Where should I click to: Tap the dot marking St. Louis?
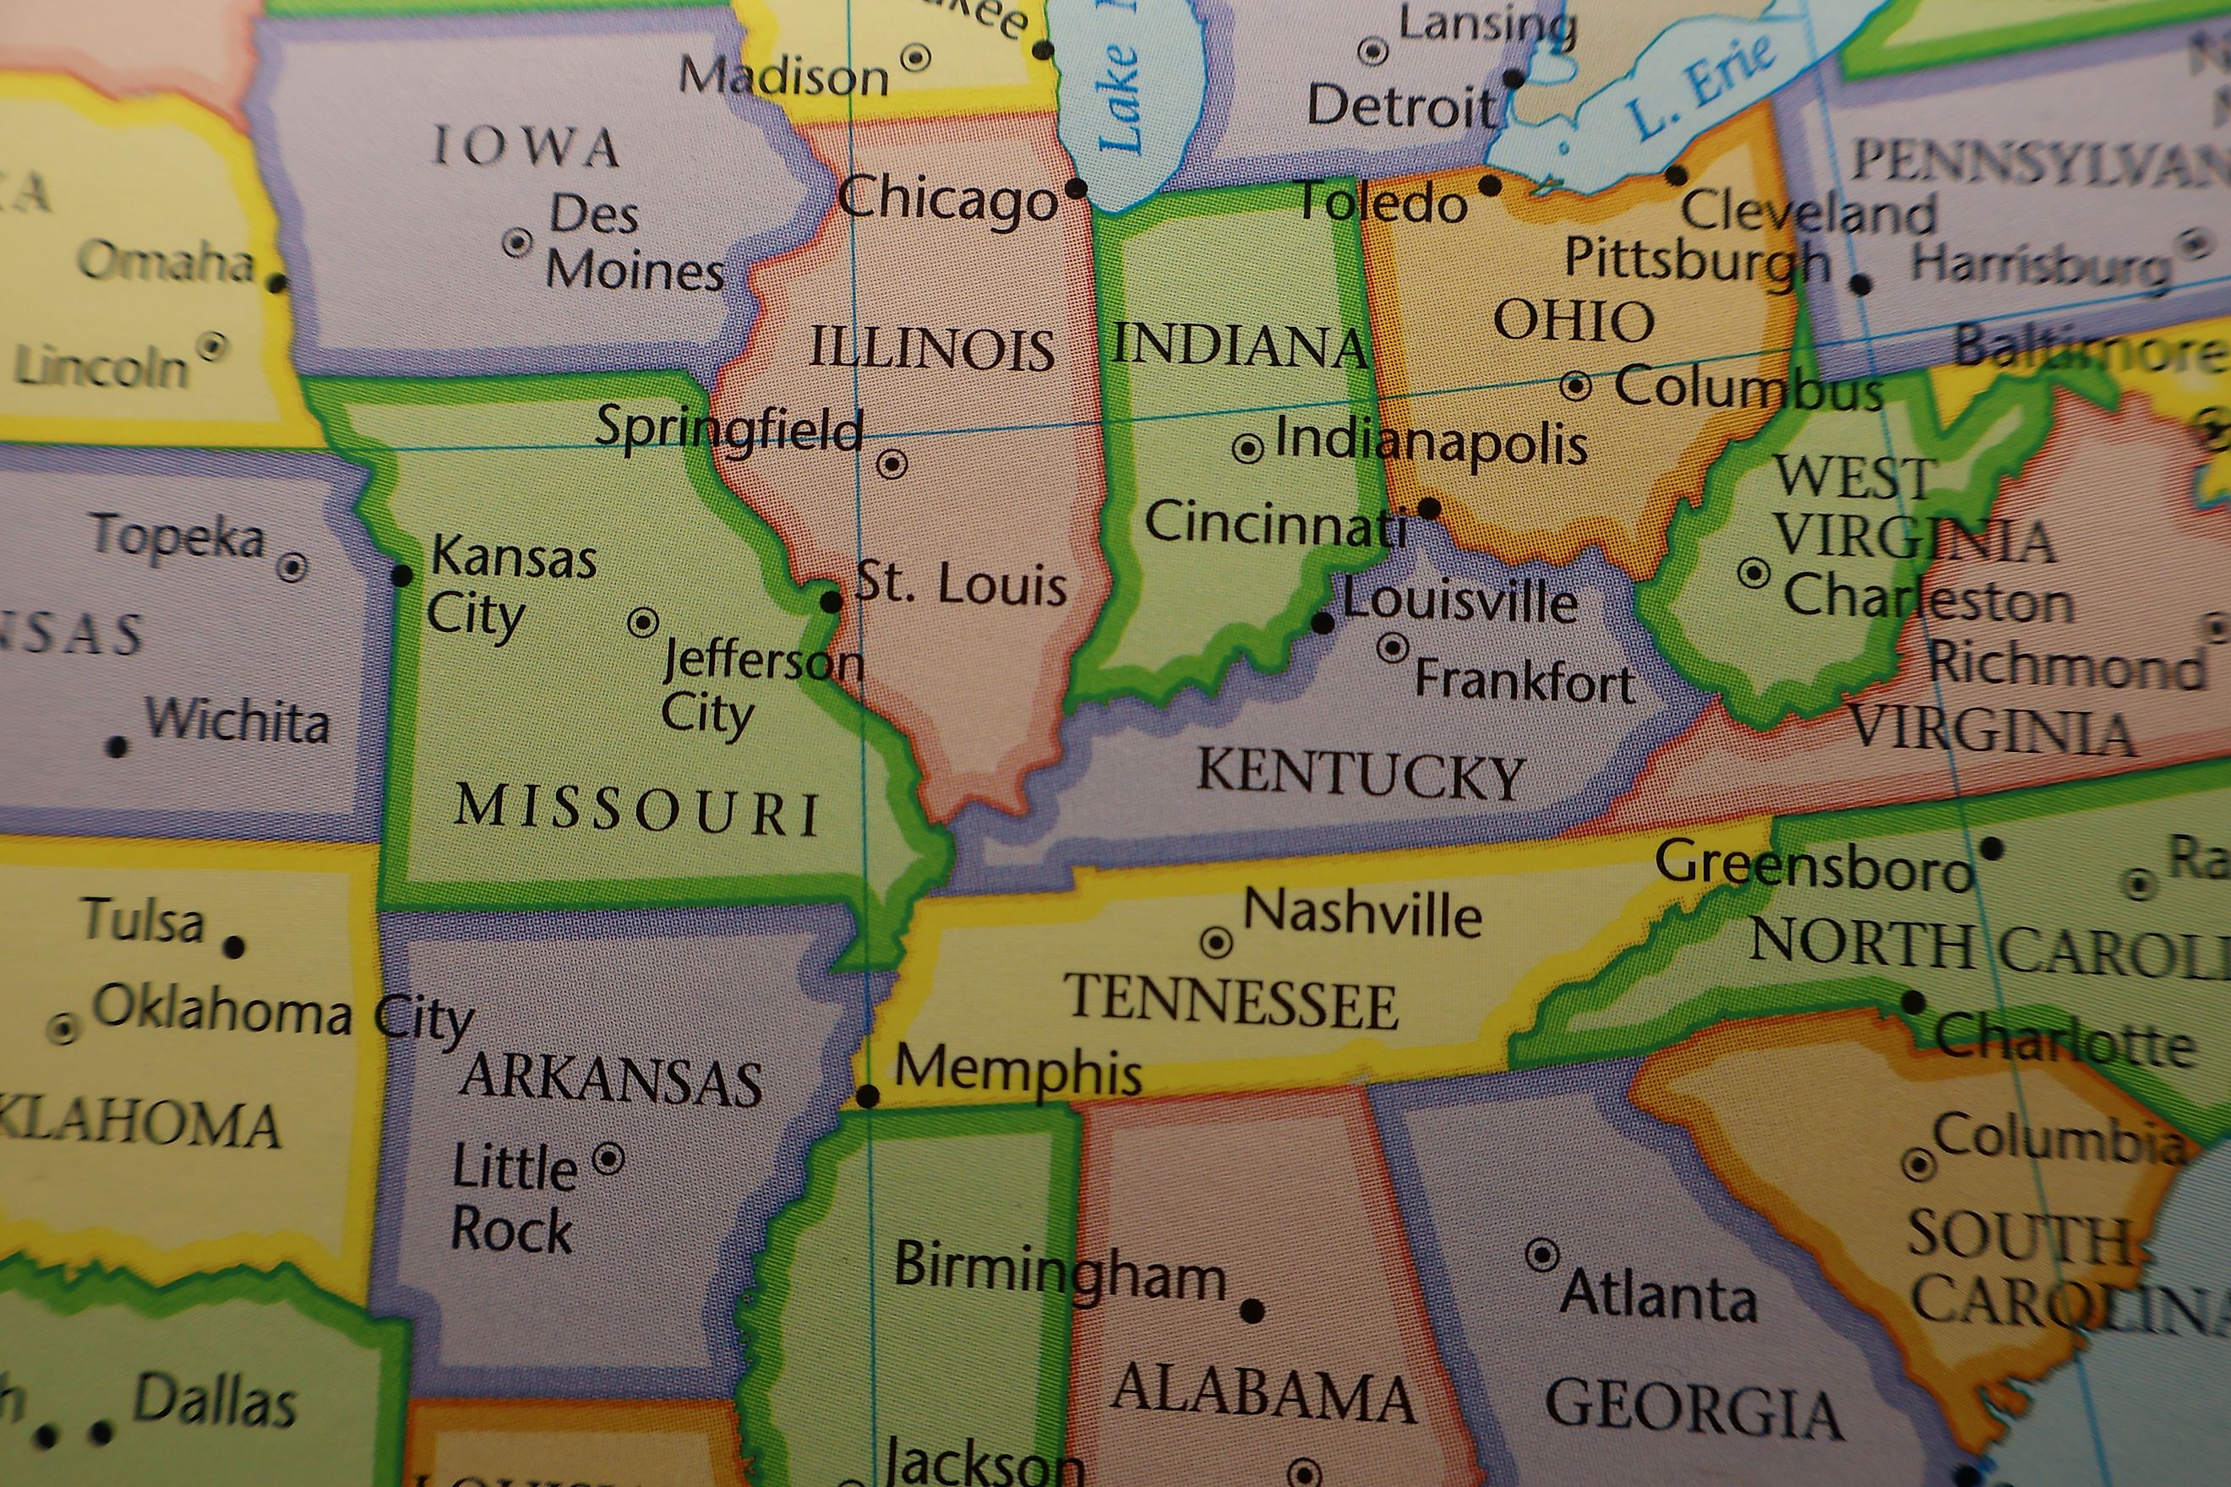point(830,602)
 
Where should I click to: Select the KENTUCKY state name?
point(1361,774)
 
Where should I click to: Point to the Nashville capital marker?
point(1216,943)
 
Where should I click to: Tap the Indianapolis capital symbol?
point(1247,449)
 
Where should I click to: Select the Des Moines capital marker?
point(517,242)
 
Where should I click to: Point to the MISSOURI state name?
point(636,812)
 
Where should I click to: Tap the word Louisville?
point(1459,601)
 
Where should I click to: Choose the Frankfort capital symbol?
point(1393,649)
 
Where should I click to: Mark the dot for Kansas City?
point(402,575)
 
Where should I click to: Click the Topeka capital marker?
point(292,567)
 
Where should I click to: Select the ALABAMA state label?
point(1263,1394)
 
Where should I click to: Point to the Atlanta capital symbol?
point(1542,1255)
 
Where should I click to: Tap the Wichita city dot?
point(117,747)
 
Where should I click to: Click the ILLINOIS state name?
point(931,349)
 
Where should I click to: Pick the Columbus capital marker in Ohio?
point(1575,386)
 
